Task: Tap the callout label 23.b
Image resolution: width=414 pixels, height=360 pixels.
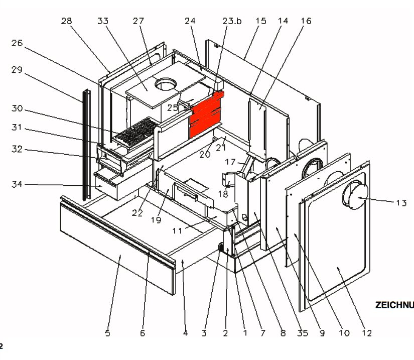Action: click(232, 22)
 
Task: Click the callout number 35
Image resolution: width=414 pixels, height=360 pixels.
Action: click(303, 332)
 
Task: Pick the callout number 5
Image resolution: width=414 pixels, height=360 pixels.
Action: click(107, 332)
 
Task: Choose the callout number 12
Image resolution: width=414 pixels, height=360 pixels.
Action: click(367, 332)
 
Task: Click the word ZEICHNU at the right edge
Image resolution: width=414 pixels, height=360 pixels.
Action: click(394, 305)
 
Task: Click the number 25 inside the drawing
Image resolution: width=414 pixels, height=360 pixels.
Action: click(173, 107)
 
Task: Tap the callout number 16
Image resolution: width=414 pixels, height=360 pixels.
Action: click(306, 21)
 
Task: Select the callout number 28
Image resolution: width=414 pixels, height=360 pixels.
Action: click(67, 21)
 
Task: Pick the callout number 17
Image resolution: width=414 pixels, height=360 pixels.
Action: click(230, 162)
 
